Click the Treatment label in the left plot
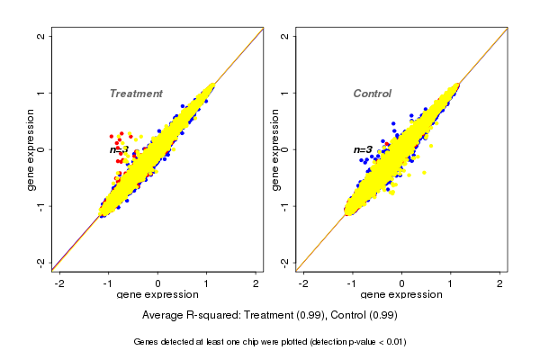136,94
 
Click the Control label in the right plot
372,94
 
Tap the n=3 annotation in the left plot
119,149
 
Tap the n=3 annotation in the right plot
363,149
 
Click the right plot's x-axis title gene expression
401,294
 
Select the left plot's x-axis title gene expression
158,294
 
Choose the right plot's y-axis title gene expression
274,149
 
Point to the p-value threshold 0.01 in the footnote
393,342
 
